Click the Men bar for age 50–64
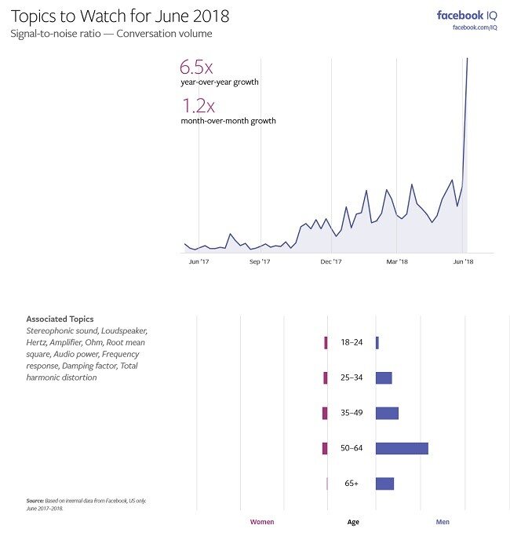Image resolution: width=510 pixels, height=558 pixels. [x=402, y=449]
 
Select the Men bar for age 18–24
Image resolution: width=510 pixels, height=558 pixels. [x=377, y=343]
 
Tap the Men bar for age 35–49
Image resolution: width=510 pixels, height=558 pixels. [x=387, y=414]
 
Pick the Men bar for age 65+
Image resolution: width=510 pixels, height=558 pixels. [x=384, y=484]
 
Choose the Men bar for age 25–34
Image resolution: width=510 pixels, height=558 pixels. [x=384, y=378]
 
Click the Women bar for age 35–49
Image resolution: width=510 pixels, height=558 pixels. [x=325, y=414]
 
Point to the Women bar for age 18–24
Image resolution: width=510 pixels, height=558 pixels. [x=326, y=343]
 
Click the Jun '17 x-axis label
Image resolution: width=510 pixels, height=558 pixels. [x=199, y=261]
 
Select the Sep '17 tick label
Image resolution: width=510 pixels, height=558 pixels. [x=260, y=261]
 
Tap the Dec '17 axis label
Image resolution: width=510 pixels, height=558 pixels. [x=331, y=261]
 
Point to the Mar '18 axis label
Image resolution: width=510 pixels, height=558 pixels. [x=398, y=261]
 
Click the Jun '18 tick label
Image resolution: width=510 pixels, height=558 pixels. [x=464, y=261]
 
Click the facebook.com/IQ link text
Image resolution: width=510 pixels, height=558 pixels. [x=475, y=28]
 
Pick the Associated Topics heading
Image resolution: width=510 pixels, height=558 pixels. [x=60, y=319]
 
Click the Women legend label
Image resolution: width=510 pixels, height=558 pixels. [x=262, y=522]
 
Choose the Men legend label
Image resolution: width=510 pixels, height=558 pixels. [x=443, y=522]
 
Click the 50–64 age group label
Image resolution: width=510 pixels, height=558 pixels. [x=352, y=449]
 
